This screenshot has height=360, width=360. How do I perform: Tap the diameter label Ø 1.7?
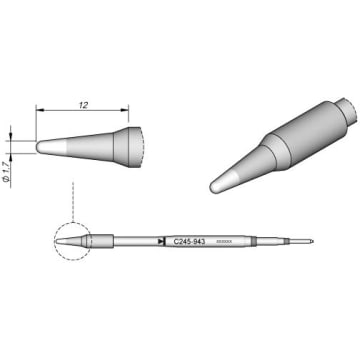click(x=9, y=147)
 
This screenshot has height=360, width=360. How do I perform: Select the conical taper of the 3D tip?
click(x=246, y=167)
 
